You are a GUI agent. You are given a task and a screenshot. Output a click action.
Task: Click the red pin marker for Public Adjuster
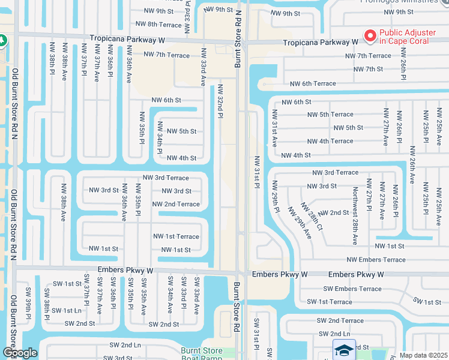pos(370,36)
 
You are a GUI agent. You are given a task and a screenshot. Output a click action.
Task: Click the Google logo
pos(20,353)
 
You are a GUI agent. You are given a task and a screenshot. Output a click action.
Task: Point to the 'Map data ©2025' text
pos(423,355)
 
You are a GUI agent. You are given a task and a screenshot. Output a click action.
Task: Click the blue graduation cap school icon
pos(343,350)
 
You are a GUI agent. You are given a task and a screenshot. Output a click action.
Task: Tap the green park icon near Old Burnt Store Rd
pos(2,41)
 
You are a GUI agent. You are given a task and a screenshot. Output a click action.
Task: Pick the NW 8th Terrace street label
pos(158,24)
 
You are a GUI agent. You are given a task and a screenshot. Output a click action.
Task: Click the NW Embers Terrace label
pos(376,260)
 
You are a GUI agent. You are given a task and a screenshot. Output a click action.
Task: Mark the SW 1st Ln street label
pos(65,310)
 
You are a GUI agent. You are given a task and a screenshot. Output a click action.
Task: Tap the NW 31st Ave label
pos(274,128)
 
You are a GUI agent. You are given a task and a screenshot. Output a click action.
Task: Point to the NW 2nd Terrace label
pos(176,204)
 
